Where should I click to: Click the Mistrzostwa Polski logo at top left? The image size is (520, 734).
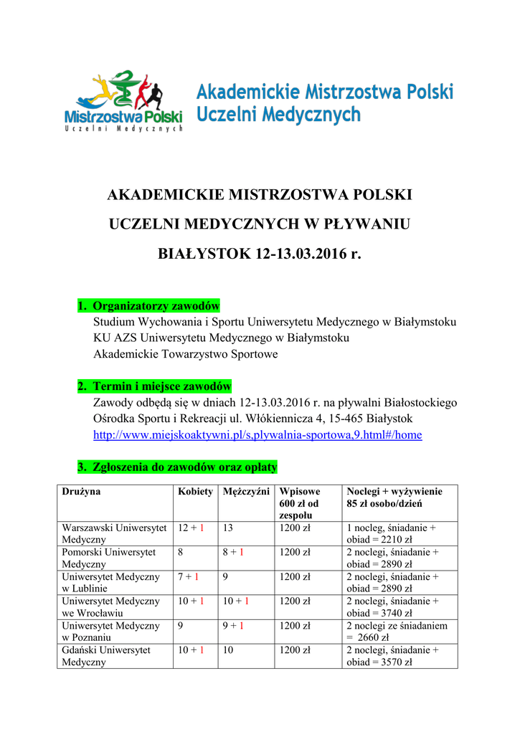click(x=123, y=102)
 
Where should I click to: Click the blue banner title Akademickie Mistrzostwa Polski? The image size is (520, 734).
click(x=325, y=92)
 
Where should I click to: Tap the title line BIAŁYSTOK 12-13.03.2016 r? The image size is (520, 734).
click(x=260, y=254)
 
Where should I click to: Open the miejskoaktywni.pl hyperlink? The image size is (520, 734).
click(x=258, y=434)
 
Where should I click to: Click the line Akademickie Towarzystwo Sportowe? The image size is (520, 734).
click(x=186, y=354)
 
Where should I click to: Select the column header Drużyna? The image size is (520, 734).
click(x=81, y=492)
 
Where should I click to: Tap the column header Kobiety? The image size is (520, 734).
click(x=195, y=492)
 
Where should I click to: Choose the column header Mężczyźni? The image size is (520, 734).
click(x=246, y=492)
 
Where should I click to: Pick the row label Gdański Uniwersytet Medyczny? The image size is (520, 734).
click(x=106, y=656)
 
